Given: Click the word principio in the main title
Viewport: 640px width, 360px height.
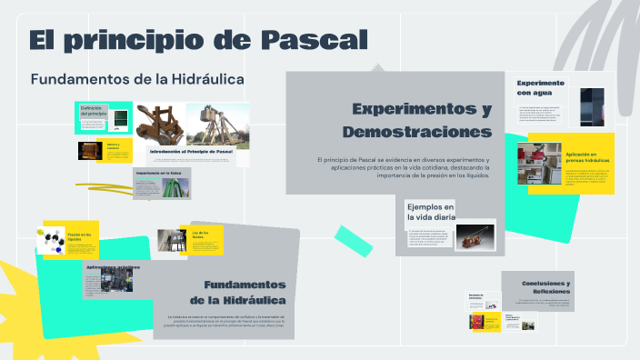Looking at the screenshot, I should point(140,40).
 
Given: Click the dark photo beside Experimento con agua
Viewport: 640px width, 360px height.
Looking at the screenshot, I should point(592,105).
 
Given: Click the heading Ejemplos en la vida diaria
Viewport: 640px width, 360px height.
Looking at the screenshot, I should point(431,212).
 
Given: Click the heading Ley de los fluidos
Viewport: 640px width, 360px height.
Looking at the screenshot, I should point(200,235).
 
